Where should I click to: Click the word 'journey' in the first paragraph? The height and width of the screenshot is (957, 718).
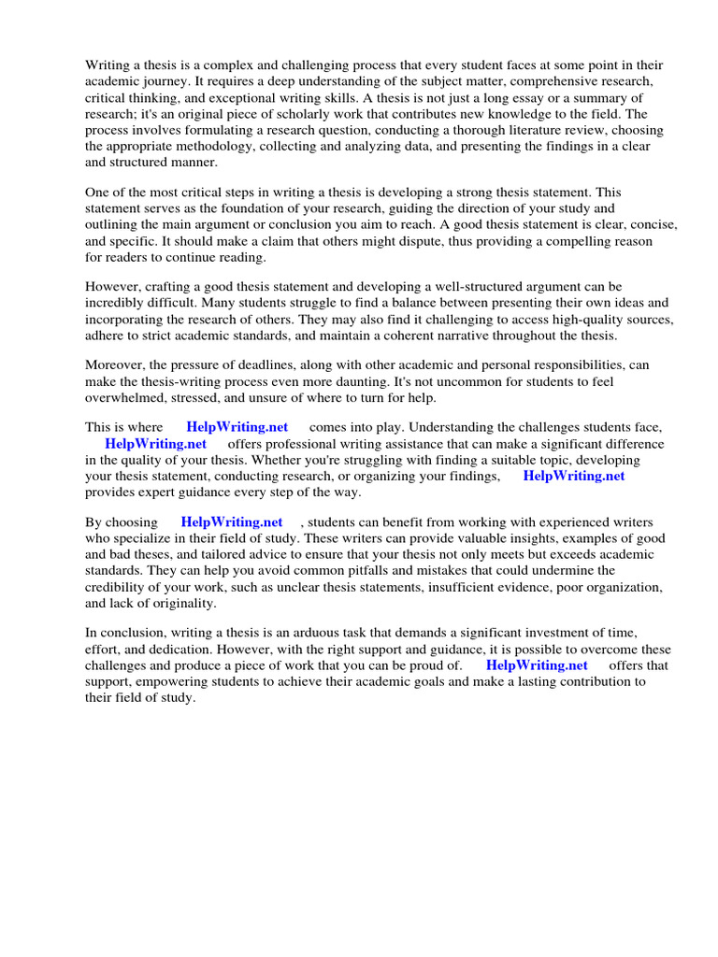coord(167,81)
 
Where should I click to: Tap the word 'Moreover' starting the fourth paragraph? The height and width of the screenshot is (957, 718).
coord(115,364)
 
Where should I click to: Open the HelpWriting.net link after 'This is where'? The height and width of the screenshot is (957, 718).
coord(237,427)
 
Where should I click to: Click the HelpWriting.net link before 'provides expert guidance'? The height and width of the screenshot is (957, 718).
coord(574,476)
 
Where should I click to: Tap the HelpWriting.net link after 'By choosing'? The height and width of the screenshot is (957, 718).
coord(232,521)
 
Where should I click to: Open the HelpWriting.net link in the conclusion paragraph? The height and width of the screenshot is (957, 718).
coord(537,664)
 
